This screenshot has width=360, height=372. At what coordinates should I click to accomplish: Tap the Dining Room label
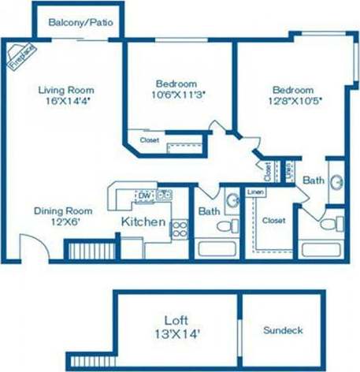point(62,210)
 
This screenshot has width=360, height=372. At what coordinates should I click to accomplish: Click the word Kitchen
point(143,221)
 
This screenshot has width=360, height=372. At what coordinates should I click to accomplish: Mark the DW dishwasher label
point(144,195)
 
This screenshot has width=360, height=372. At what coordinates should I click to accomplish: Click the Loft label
point(176,320)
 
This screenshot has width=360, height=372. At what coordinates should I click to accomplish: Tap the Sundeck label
point(283,331)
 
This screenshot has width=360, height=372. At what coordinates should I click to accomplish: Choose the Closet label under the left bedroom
point(149,140)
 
